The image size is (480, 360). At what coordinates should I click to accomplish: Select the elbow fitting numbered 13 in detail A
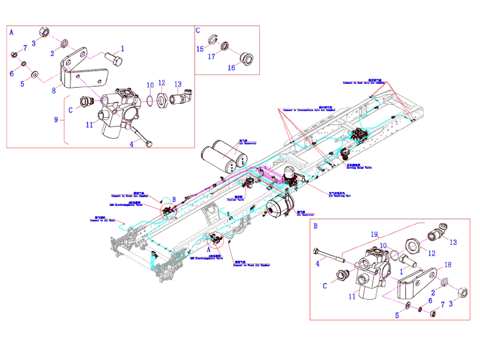click(181, 96)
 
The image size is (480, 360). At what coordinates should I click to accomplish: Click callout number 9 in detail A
click(56, 120)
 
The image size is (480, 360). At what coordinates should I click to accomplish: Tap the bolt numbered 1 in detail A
click(113, 60)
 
